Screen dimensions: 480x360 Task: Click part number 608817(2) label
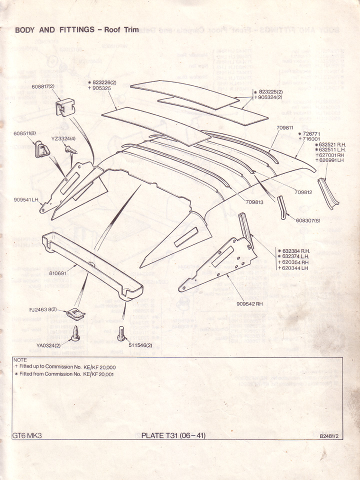43,86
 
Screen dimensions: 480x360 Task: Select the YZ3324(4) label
63,138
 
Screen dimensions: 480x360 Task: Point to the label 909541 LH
26,200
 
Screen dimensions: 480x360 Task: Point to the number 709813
254,202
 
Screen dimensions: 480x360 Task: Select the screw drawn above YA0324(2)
75,333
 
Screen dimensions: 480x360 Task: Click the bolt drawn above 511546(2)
120,333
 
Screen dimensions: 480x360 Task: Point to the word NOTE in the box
20,359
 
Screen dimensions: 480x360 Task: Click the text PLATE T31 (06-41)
173,435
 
